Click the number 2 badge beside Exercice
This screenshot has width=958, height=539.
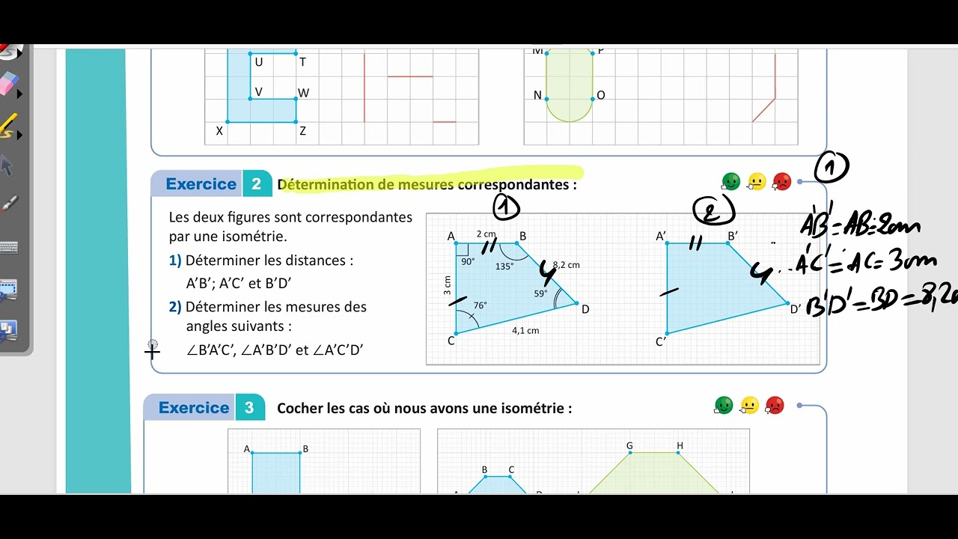(x=257, y=184)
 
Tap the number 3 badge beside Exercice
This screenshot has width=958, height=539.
(x=249, y=408)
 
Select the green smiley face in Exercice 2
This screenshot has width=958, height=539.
(x=730, y=181)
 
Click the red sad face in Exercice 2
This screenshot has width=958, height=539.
(x=781, y=181)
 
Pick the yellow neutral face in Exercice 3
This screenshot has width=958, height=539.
(x=749, y=406)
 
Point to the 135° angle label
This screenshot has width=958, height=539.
(x=504, y=266)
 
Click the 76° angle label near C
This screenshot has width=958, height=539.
(x=480, y=305)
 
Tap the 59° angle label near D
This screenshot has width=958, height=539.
(x=540, y=293)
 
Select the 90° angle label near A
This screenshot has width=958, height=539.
(x=468, y=262)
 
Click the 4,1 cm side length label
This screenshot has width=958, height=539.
(x=525, y=330)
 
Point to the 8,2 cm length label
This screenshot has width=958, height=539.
(x=567, y=265)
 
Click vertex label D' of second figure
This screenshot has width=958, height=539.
(x=796, y=308)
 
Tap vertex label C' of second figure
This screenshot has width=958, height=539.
(x=661, y=342)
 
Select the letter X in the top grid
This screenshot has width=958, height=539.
(x=219, y=131)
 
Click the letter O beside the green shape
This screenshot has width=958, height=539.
(x=601, y=96)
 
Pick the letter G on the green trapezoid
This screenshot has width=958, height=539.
(x=629, y=446)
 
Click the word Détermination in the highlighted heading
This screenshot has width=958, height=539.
(x=325, y=184)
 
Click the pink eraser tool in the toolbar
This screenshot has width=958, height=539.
(x=8, y=83)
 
